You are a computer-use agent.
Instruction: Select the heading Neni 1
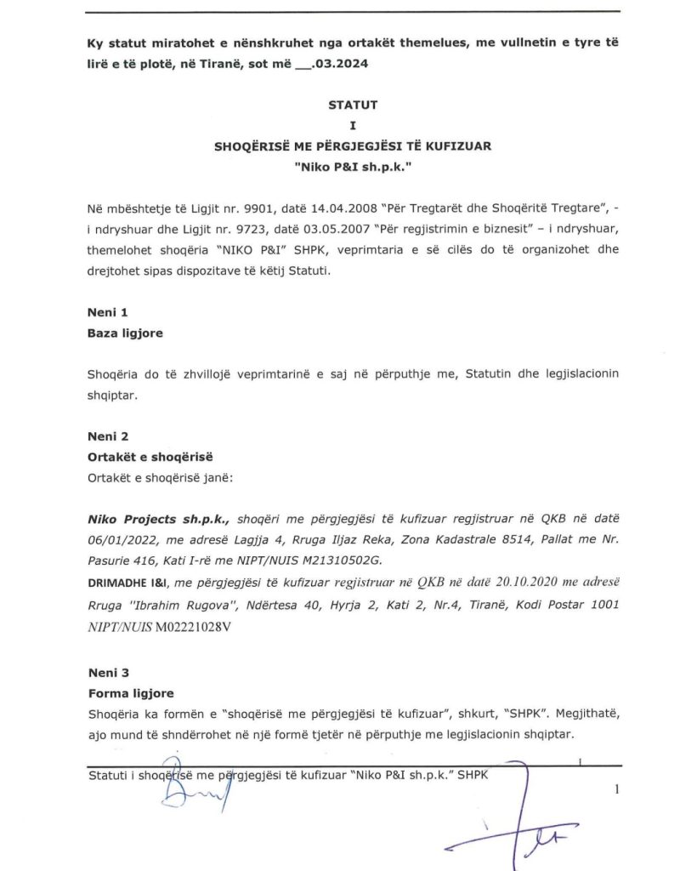point(107,313)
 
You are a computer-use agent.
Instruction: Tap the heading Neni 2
point(107,436)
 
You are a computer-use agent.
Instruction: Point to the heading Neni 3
point(107,673)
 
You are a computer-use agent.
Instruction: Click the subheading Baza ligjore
point(125,333)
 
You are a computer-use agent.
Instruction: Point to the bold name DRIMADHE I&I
point(129,582)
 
